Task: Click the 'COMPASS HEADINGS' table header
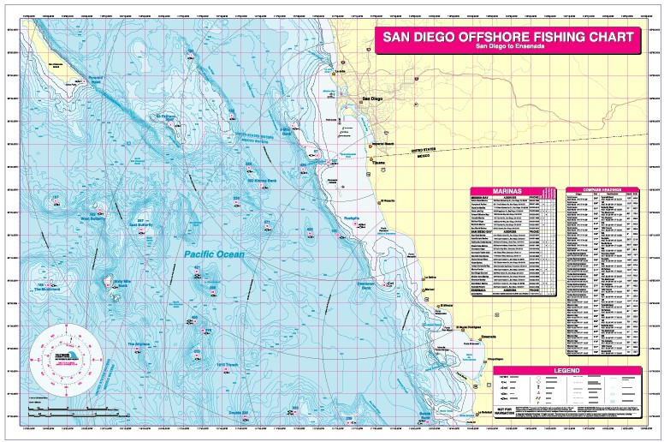click(603, 190)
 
